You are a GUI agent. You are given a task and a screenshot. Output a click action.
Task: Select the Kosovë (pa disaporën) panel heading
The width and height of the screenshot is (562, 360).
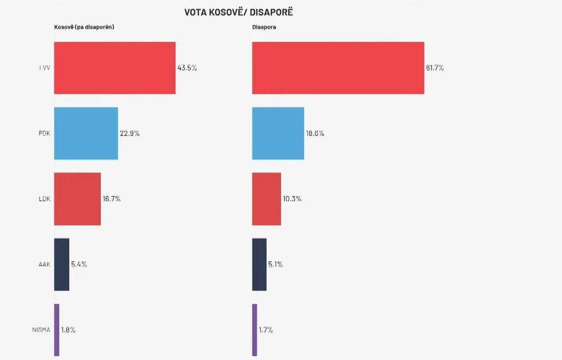(84, 28)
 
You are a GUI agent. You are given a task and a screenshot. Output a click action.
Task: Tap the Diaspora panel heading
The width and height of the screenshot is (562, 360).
(264, 28)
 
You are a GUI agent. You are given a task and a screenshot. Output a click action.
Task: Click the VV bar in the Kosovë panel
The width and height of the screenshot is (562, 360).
(115, 68)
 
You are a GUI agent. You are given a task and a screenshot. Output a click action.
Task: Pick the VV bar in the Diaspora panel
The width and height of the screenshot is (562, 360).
(338, 68)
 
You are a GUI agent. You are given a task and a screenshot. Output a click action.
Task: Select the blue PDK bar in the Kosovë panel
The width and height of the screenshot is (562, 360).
(86, 133)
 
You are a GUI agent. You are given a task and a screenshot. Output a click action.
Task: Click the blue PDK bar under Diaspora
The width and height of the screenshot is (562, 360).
(278, 133)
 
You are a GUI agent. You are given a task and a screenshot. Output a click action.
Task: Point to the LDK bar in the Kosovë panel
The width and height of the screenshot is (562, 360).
(77, 199)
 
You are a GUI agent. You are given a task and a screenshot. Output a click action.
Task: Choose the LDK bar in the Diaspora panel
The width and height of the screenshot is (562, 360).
(267, 199)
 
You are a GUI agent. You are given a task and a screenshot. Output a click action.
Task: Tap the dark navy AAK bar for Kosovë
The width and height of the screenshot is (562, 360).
(61, 264)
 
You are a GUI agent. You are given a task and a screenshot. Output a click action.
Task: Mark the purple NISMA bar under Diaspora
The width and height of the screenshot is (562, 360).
(255, 330)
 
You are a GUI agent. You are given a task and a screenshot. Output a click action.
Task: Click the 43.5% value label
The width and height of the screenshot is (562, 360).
(187, 68)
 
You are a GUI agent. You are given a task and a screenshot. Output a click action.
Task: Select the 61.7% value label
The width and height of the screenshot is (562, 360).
(435, 68)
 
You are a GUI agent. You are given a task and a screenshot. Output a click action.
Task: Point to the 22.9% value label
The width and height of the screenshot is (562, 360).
(130, 134)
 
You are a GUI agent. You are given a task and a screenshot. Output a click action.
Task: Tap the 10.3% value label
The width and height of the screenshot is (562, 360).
(292, 199)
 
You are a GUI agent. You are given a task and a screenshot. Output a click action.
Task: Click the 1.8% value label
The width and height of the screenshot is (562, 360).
(68, 330)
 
